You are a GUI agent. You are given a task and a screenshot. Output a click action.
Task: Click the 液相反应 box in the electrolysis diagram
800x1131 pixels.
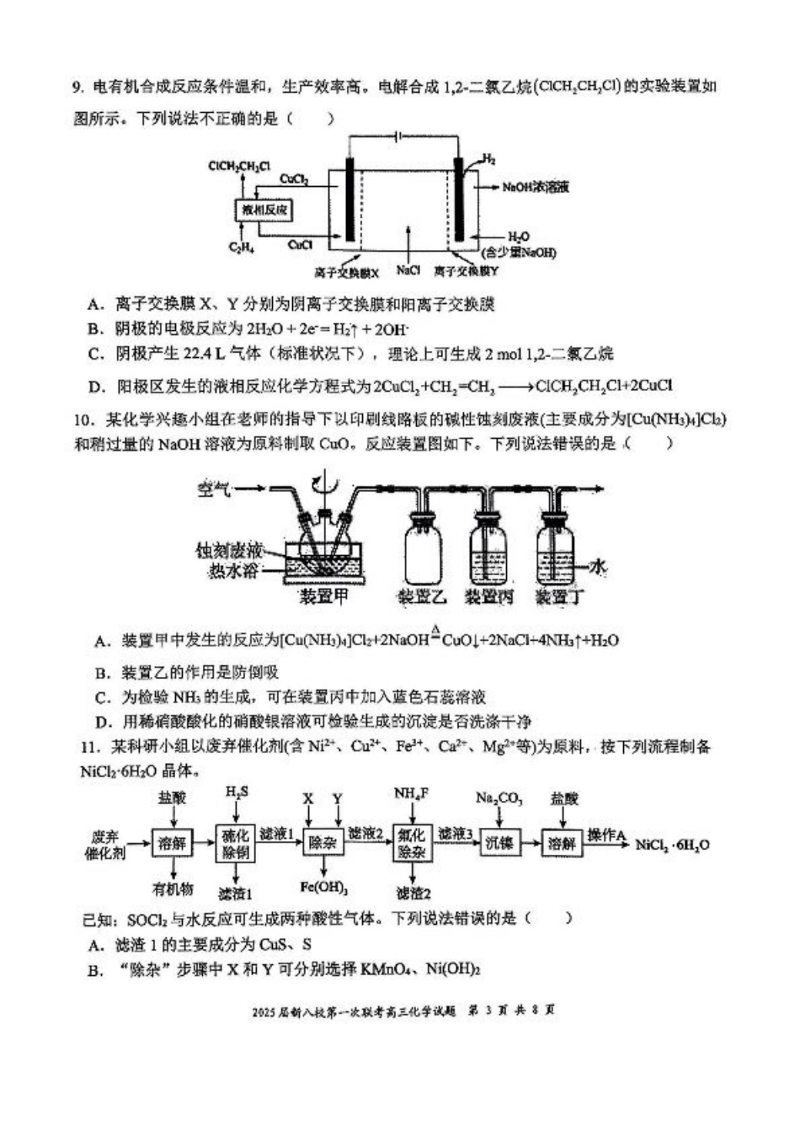click(x=264, y=210)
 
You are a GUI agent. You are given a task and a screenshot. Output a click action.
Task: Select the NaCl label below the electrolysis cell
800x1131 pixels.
click(x=408, y=270)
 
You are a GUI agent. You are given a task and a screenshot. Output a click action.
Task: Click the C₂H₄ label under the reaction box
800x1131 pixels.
click(x=242, y=248)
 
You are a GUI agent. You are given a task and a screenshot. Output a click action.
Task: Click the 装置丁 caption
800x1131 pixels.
click(x=559, y=597)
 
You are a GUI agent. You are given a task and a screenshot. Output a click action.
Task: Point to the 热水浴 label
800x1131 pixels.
click(x=234, y=572)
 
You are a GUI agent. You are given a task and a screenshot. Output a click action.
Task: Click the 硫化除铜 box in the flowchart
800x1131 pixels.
click(x=236, y=841)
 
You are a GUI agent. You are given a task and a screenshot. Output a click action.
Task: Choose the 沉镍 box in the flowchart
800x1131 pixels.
click(x=499, y=842)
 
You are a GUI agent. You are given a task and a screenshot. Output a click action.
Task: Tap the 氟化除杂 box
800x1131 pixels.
click(x=413, y=841)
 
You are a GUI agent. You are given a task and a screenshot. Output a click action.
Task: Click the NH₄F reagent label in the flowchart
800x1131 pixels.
click(x=412, y=793)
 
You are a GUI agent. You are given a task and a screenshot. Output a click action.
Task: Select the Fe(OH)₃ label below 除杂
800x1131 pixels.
click(x=324, y=887)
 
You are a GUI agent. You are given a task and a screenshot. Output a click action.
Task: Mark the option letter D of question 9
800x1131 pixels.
click(x=94, y=387)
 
